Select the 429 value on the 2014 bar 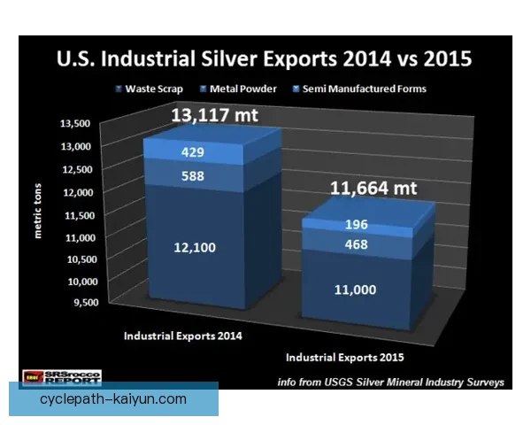pos(192,152)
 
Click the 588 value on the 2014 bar pos(192,175)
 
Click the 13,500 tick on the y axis pos(75,123)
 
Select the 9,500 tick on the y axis pos(78,303)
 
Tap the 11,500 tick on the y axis pos(75,214)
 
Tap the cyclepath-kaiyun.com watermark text pos(113,399)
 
